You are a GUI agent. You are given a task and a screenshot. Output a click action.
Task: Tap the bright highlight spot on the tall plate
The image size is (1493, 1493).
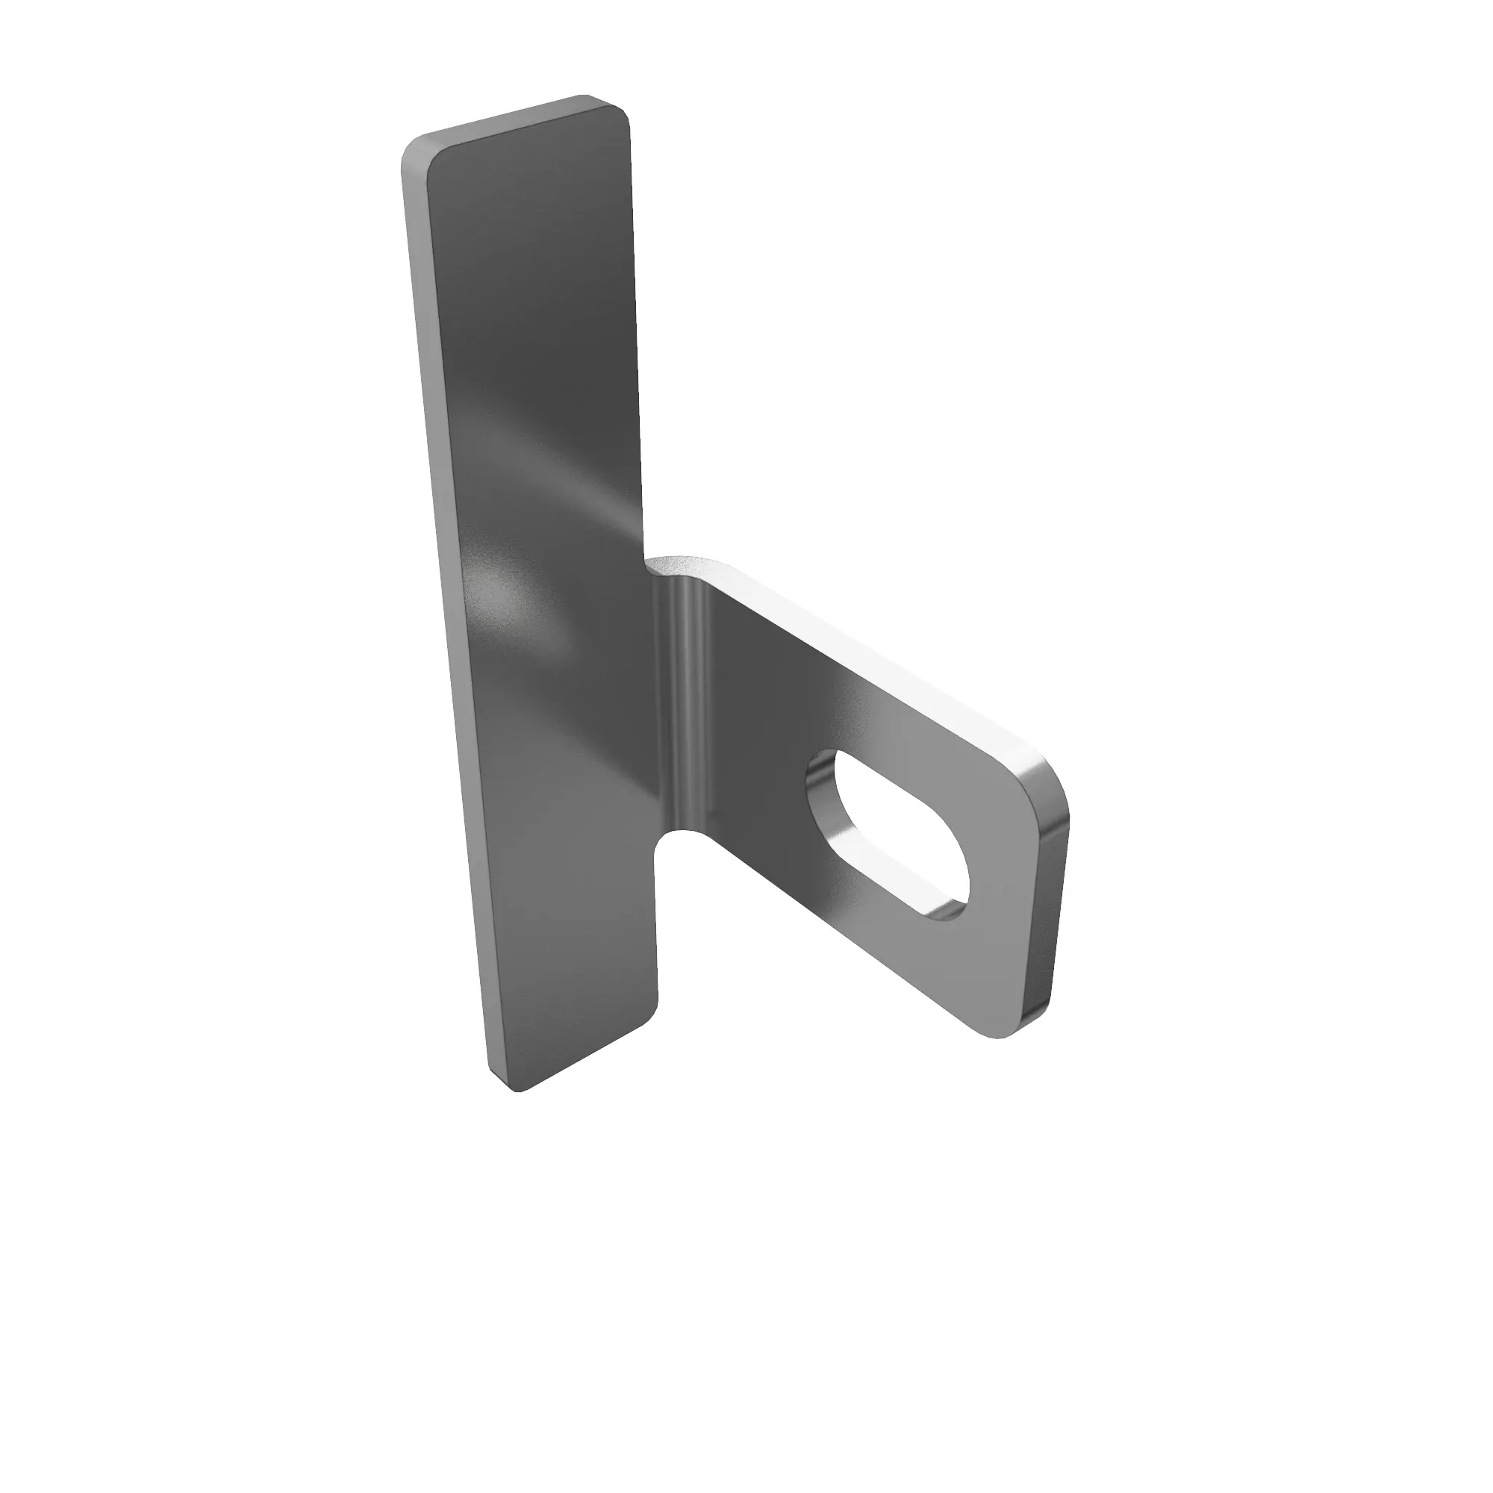pyautogui.click(x=495, y=595)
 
